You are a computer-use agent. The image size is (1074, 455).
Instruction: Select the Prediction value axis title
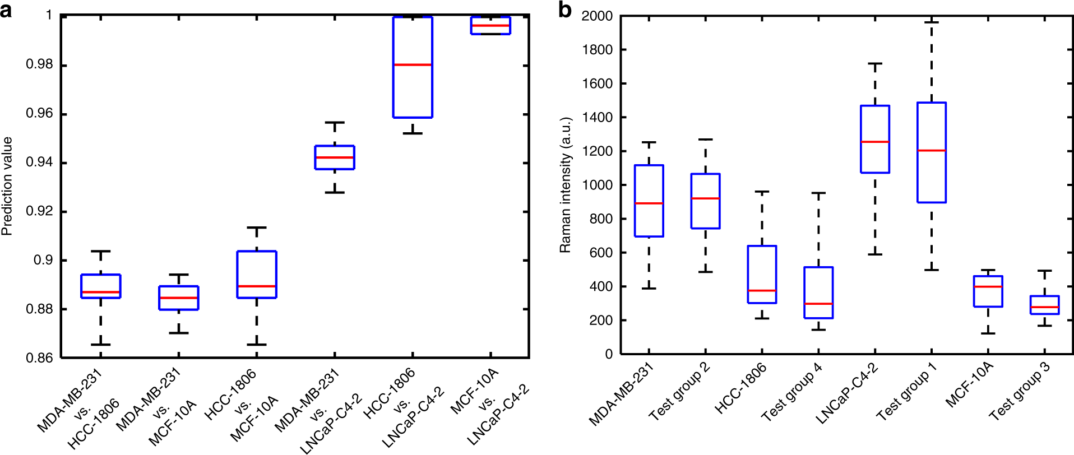coord(7,186)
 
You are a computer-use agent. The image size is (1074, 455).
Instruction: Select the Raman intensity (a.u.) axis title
coord(565,185)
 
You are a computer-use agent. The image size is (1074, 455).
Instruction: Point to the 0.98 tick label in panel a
coord(39,65)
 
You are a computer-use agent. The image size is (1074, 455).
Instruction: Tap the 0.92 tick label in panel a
coord(39,212)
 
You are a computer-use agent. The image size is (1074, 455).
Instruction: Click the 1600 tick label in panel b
coord(598,83)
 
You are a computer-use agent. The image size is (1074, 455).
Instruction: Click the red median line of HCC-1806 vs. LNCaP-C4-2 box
coord(413,65)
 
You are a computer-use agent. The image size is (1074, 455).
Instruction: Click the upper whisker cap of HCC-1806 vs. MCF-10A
coord(257,227)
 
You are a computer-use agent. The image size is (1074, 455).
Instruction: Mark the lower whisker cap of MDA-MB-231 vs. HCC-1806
coord(101,345)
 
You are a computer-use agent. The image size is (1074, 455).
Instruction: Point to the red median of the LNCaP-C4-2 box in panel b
coord(875,142)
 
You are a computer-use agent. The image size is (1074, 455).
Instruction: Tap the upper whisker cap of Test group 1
coord(932,22)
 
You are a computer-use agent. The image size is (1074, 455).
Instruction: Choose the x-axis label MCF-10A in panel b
coord(969,384)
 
